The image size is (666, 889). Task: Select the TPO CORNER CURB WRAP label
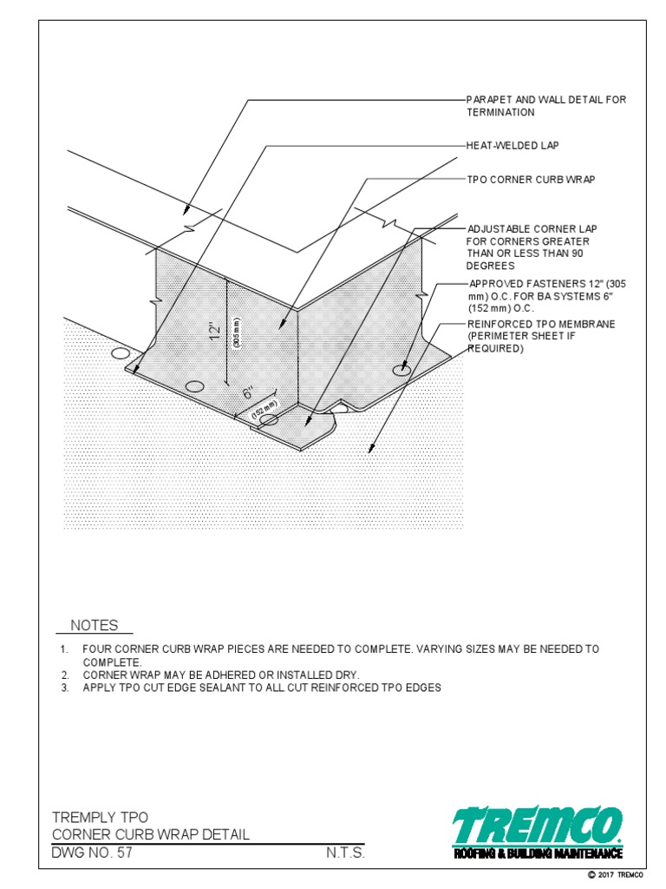coord(531,180)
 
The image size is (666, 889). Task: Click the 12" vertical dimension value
coord(216,332)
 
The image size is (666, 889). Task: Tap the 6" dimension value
coord(248,393)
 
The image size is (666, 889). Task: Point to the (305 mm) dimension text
coord(236,332)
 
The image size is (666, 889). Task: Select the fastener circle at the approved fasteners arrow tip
coord(401,370)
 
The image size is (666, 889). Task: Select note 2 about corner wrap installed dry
coord(220,675)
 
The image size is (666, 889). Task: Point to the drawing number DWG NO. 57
coord(93,853)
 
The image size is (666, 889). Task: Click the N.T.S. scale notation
coord(345,853)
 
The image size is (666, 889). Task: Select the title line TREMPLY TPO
coord(100,817)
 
